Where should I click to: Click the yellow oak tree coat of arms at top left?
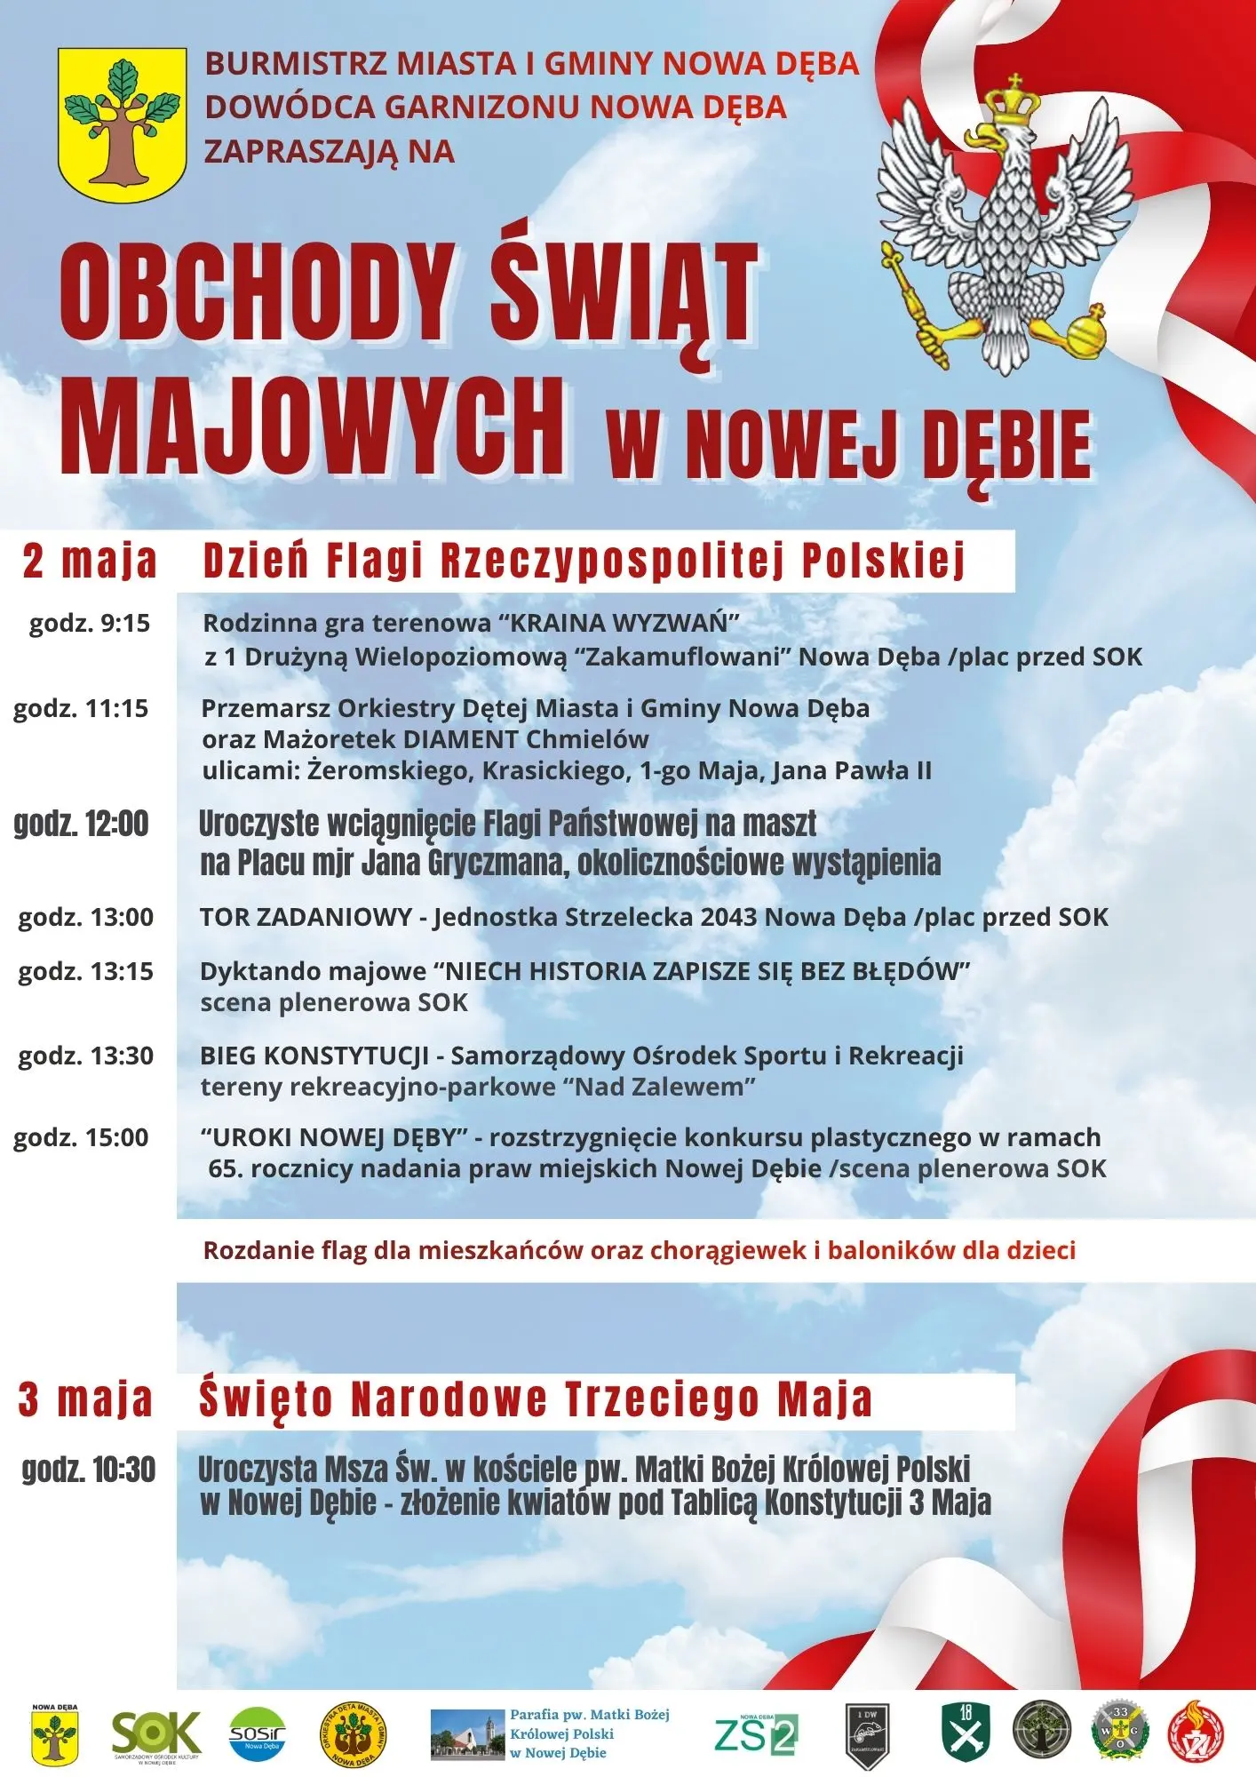[x=122, y=124]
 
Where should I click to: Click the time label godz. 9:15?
[x=90, y=623]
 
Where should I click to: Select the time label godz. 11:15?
[x=81, y=708]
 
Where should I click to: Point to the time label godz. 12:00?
[x=81, y=824]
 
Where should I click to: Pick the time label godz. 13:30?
[x=86, y=1056]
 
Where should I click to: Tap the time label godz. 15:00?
[x=81, y=1137]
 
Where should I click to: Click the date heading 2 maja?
[x=90, y=561]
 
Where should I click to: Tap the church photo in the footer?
[x=467, y=1735]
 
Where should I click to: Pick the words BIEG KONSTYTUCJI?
[x=314, y=1056]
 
